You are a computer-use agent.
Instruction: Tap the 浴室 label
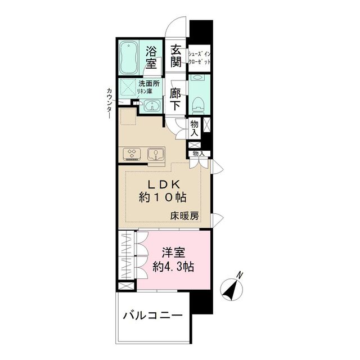(x=151, y=57)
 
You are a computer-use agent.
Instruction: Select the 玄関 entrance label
(x=177, y=56)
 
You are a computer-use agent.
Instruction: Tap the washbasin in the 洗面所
(x=150, y=106)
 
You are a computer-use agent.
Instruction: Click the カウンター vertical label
(x=108, y=103)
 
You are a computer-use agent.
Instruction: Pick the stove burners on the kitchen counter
(x=133, y=153)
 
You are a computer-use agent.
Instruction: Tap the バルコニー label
(x=152, y=316)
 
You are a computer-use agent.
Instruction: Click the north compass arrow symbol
(x=231, y=290)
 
